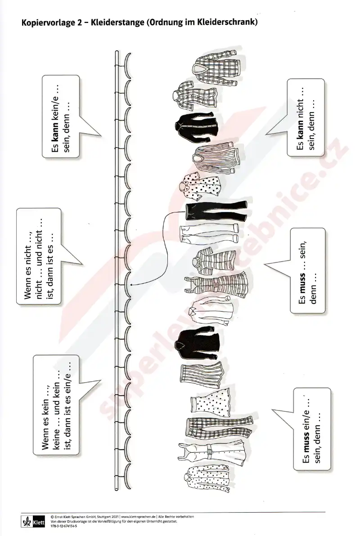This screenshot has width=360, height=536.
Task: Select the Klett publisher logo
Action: click(33, 522)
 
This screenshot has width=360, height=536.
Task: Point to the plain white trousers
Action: click(209, 233)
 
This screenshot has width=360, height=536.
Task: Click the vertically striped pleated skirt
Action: click(202, 374)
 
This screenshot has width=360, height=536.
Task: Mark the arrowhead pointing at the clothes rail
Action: click(132, 284)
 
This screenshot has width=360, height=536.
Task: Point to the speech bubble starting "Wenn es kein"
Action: click(56, 405)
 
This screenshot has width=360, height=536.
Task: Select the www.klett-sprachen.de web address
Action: click(139, 517)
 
